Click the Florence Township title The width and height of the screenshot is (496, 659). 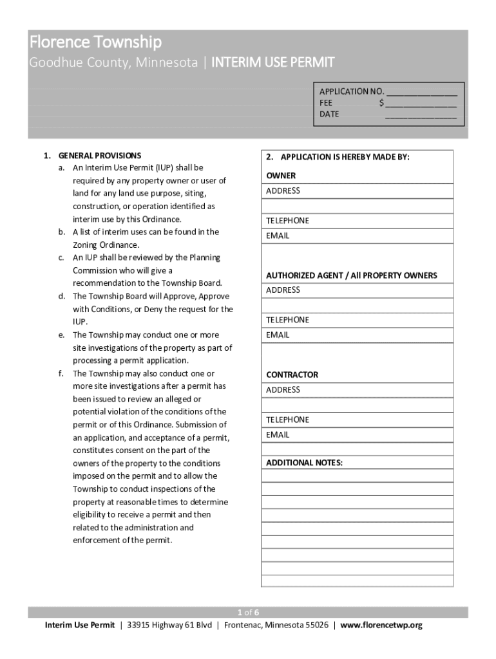click(95, 42)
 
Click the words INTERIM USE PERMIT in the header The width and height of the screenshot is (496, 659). click(273, 63)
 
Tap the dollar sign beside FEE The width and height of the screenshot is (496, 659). click(382, 103)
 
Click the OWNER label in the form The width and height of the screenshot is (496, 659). click(281, 176)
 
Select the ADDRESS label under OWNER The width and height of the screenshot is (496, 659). click(283, 191)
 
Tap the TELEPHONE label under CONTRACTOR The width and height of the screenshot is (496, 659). click(287, 420)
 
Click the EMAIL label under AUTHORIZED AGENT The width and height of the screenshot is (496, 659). click(278, 335)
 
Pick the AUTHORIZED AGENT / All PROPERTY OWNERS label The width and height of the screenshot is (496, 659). click(351, 275)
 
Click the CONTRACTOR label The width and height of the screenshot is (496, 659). click(292, 375)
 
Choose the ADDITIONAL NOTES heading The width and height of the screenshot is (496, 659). click(304, 463)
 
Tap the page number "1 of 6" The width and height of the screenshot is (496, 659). click(248, 612)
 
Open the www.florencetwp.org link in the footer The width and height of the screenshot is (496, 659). click(381, 625)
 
